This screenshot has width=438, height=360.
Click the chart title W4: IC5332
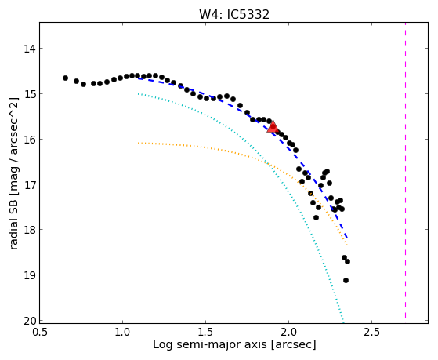(234, 14)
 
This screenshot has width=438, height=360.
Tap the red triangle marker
(273, 126)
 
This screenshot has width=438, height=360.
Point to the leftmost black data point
(65, 78)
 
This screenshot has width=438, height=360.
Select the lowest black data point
(346, 280)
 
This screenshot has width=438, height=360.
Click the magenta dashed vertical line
(405, 170)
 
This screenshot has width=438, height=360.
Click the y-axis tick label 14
(30, 49)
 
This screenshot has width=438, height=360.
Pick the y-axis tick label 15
(30, 94)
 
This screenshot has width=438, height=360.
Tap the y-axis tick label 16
(30, 140)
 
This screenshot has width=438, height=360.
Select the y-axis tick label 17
(30, 184)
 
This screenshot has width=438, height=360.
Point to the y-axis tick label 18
(30, 230)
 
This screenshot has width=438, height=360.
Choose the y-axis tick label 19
(30, 275)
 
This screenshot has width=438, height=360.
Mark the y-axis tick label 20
(30, 321)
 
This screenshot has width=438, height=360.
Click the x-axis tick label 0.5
(40, 332)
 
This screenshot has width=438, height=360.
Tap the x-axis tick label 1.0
(123, 332)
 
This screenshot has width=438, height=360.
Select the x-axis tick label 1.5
(205, 332)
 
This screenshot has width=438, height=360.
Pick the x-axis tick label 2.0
(289, 332)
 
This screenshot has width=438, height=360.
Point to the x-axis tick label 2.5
(372, 332)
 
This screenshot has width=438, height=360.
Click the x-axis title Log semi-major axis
(210, 345)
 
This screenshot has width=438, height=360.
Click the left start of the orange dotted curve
(138, 144)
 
